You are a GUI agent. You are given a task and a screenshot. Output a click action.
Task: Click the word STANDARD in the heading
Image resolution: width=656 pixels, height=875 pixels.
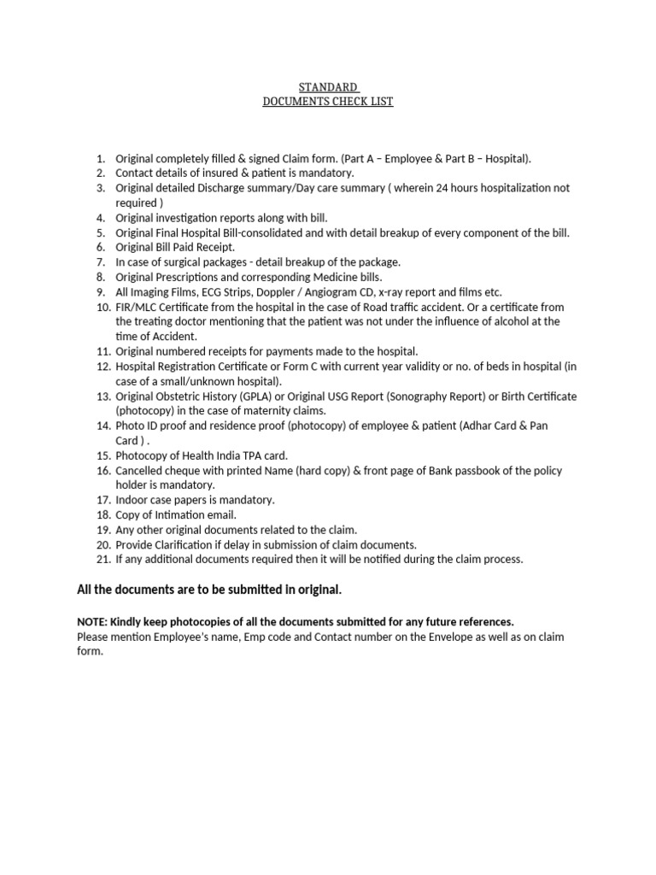327,87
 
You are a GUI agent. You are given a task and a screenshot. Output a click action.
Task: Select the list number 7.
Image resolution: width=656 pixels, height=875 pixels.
100,262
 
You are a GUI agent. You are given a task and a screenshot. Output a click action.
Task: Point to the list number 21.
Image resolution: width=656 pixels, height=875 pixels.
103,560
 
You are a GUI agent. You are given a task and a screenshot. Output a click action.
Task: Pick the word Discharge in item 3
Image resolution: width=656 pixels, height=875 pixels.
237,188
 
